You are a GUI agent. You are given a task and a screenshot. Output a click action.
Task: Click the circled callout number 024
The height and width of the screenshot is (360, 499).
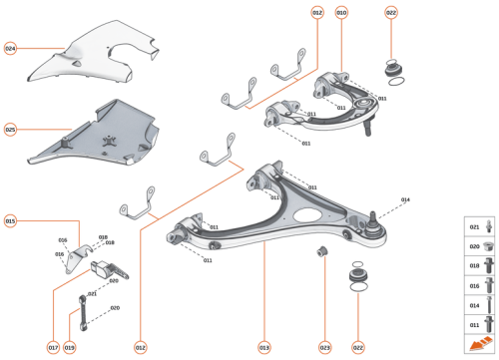10,48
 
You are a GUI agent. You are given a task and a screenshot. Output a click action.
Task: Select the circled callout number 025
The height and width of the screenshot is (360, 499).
10,130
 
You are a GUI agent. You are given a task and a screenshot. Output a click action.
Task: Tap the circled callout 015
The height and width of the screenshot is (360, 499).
10,220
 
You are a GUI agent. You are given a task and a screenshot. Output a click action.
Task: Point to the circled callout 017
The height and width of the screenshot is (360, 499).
53,347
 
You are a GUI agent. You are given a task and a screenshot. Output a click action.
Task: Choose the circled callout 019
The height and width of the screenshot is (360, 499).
70,347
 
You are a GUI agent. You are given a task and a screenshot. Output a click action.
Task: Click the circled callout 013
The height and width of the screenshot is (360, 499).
264,347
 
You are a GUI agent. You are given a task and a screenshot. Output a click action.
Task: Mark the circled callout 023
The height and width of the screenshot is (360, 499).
324,347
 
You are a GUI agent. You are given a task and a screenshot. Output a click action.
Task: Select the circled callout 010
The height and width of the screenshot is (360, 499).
342,13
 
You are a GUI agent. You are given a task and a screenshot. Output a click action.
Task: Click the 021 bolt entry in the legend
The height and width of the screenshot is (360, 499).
478,227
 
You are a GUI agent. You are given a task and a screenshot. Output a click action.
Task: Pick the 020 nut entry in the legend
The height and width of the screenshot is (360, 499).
478,246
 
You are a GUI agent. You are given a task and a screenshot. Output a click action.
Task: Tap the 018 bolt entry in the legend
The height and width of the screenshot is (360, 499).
478,266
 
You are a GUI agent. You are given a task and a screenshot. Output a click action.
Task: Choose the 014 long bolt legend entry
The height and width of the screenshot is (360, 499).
478,305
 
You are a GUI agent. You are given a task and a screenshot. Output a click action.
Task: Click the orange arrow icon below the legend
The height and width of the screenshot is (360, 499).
478,344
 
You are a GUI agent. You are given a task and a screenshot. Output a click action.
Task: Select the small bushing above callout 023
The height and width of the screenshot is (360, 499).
323,248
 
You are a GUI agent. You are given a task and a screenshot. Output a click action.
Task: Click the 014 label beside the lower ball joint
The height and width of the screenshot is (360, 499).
405,200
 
